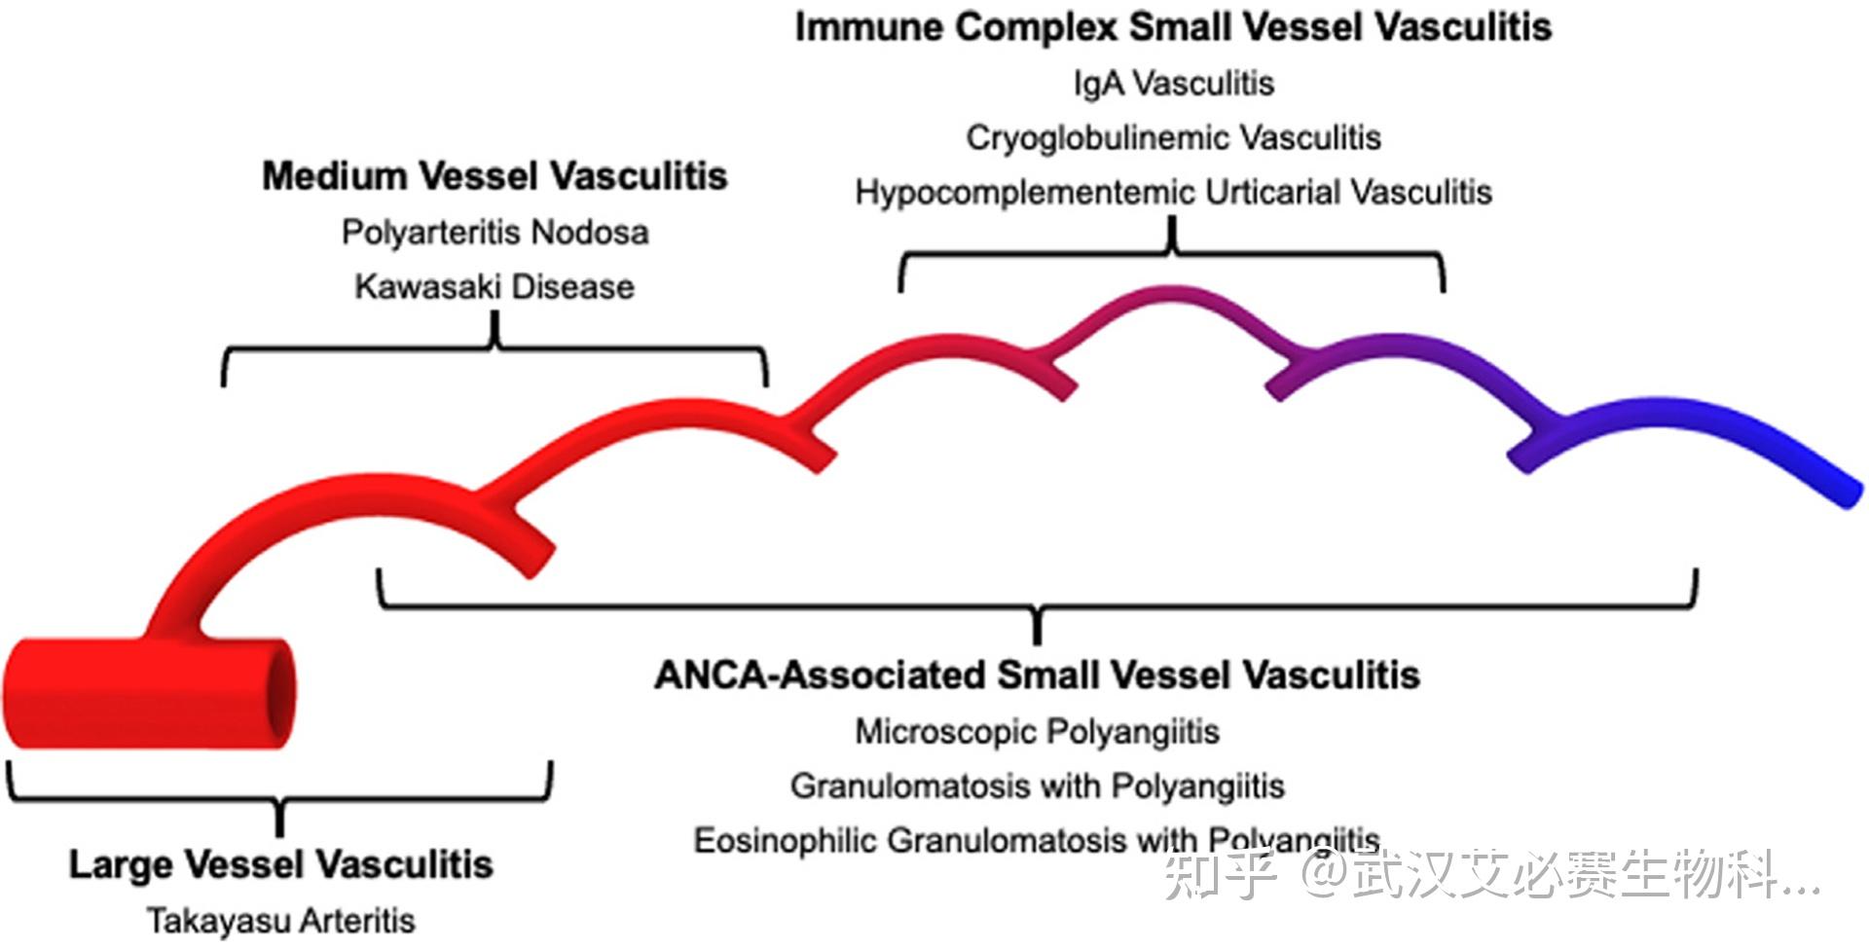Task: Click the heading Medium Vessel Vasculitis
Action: (x=495, y=176)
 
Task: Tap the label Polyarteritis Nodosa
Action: (x=495, y=233)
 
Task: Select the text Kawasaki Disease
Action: (x=495, y=287)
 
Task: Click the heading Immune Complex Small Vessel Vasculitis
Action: (x=1173, y=27)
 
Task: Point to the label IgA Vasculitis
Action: (x=1174, y=83)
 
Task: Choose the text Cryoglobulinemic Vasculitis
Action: (x=1173, y=138)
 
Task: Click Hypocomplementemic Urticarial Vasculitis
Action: (x=1173, y=193)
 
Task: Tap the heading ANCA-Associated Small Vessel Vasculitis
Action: (x=1037, y=675)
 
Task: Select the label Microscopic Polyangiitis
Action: (x=1037, y=731)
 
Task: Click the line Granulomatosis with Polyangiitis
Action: (x=1037, y=786)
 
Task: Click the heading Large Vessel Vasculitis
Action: (x=280, y=864)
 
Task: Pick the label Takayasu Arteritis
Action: (x=280, y=920)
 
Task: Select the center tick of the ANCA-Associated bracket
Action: (x=1037, y=626)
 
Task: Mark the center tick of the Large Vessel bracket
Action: (x=280, y=819)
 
